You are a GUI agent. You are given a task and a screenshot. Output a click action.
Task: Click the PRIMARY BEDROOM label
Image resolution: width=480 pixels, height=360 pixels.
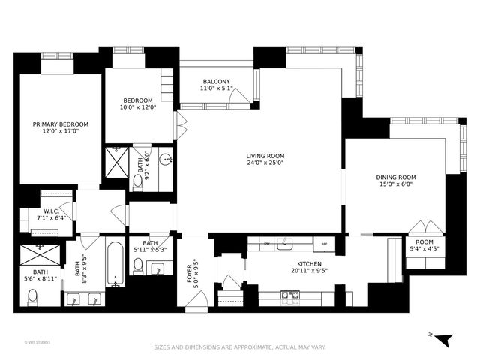(x=60, y=124)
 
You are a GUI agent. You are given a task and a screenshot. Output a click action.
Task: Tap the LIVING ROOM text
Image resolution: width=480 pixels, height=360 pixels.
(x=265, y=157)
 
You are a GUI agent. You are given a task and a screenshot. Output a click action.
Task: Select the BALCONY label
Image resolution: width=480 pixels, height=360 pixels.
(x=216, y=82)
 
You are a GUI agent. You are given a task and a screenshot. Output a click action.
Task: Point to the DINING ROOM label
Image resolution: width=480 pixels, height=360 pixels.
(x=395, y=178)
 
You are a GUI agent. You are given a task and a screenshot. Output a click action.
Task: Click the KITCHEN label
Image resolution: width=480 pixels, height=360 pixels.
(x=308, y=264)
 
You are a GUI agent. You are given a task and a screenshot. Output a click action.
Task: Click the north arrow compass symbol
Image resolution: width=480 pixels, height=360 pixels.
(x=445, y=340)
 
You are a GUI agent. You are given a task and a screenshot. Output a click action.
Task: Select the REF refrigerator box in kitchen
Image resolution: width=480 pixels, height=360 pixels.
(x=324, y=244)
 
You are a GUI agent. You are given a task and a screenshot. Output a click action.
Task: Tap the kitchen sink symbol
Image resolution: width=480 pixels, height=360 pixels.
(x=284, y=244)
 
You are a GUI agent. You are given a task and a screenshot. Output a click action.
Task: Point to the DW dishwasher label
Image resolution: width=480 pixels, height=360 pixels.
(x=267, y=244)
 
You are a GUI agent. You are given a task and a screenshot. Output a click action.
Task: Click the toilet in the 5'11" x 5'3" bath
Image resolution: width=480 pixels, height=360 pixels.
(x=138, y=265)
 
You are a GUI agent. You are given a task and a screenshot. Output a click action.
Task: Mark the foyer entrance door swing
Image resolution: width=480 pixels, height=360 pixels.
(x=195, y=301)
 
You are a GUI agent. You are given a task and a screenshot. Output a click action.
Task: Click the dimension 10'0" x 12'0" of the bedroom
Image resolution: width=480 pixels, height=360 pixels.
(x=138, y=107)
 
